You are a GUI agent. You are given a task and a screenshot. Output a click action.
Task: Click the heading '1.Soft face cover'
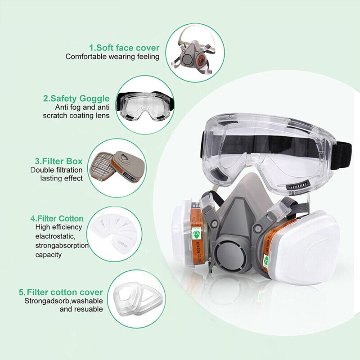point(124,47)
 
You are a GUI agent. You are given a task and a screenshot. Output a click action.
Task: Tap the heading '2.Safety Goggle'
point(76,98)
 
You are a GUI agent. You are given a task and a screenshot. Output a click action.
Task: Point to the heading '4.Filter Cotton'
point(57,218)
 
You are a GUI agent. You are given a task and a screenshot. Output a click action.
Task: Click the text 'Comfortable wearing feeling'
point(112,57)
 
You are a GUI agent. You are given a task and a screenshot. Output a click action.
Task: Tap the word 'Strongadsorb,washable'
point(63,301)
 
